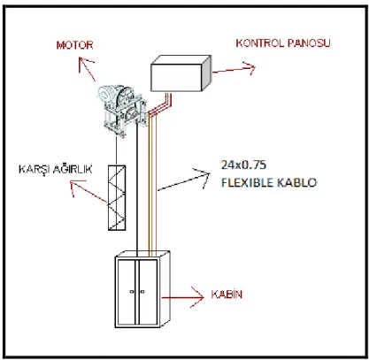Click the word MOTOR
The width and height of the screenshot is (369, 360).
tap(74, 45)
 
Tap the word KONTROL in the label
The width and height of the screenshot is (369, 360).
tap(260, 43)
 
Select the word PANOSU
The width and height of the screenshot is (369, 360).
tap(309, 43)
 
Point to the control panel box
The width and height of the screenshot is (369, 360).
tap(181, 73)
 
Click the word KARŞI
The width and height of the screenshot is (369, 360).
tap(32, 170)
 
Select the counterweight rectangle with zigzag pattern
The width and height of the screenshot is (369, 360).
tap(117, 197)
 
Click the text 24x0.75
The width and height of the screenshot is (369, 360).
tap(243, 165)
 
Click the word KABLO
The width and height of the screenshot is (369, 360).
tap(296, 182)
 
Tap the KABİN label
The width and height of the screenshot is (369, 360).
tap(227, 295)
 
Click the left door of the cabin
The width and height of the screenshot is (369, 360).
tap(127, 292)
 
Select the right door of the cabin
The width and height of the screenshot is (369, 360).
tap(148, 292)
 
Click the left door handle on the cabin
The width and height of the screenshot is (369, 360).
tap(132, 292)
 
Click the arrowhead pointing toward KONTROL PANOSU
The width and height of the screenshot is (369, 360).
tap(250, 68)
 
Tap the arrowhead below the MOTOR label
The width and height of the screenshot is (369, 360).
tap(84, 64)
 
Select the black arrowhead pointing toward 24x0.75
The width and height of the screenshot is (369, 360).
tap(204, 176)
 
